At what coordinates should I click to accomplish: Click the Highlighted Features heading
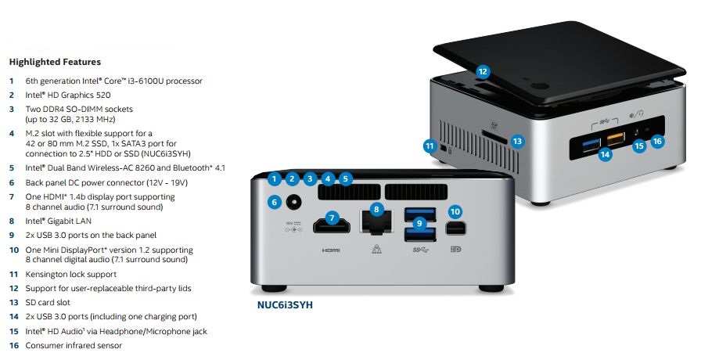tap(54, 61)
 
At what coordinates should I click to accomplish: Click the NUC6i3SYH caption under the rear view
tap(286, 305)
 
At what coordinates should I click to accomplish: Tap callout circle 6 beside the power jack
tap(274, 202)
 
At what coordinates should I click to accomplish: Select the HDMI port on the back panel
tap(332, 228)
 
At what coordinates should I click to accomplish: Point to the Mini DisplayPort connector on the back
tap(455, 229)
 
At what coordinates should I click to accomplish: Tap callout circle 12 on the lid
tap(483, 71)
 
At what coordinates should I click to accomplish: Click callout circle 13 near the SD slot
tap(516, 142)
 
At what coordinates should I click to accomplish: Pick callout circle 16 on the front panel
tap(657, 142)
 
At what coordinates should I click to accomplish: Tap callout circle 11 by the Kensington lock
tap(429, 145)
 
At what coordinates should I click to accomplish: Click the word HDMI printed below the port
tap(331, 250)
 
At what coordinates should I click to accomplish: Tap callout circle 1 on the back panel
tap(274, 178)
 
